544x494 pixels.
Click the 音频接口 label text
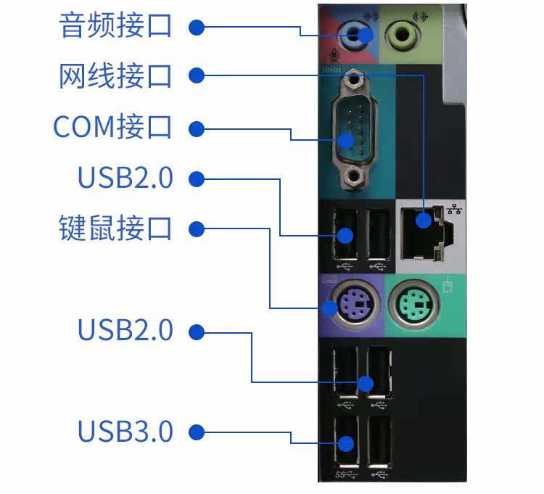click(x=115, y=25)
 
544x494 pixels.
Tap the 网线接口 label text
click(x=115, y=76)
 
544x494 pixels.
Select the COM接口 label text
click(x=112, y=127)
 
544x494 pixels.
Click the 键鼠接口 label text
click(x=115, y=228)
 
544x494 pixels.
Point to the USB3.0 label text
click(x=125, y=431)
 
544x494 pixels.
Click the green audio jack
click(x=402, y=35)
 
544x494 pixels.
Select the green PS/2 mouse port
click(x=414, y=305)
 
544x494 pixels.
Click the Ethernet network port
click(x=426, y=232)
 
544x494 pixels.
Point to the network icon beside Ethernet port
click(x=454, y=209)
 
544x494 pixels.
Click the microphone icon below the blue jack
click(x=334, y=55)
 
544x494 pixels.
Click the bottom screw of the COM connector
click(x=354, y=177)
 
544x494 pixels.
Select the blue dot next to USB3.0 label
click(x=197, y=432)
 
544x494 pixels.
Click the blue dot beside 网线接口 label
click(x=197, y=75)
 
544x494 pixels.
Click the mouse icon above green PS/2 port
click(x=448, y=286)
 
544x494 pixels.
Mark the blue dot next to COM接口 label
click(x=197, y=128)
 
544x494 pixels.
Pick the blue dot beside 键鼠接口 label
click(x=197, y=229)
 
